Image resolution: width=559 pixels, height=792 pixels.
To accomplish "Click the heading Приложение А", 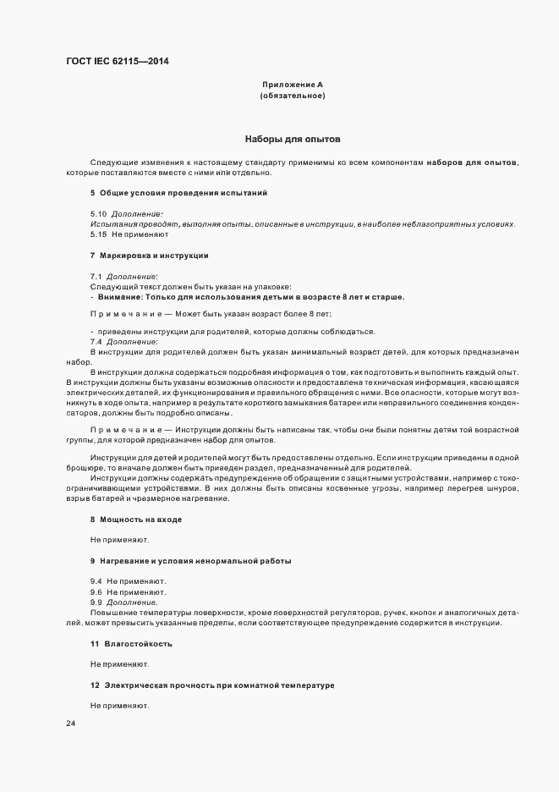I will point(293,85).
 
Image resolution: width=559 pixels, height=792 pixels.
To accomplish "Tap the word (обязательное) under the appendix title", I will point(293,96).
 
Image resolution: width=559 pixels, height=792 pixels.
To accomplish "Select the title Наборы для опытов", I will point(293,138).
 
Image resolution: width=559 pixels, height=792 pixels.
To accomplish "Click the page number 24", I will point(70,724).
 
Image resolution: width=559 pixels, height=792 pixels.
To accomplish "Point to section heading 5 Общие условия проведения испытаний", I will point(178,193).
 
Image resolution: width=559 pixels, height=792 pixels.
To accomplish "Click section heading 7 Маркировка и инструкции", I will point(149,255).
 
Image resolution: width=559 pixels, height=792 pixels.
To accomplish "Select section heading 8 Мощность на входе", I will point(135,518).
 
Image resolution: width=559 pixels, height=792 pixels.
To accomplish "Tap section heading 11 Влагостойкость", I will point(131,644).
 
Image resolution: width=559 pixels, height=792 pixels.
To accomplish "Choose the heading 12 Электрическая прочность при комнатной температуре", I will point(212,684).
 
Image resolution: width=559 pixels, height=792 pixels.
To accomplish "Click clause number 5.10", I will point(98,215).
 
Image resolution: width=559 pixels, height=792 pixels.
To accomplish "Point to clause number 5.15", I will point(98,234).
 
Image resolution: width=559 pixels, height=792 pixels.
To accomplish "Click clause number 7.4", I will point(96,341).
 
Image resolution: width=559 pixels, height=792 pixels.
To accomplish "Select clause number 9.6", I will point(96,592).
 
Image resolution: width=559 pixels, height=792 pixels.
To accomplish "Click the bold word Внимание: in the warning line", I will point(118,296).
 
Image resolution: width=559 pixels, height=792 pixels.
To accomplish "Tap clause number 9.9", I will point(96,602).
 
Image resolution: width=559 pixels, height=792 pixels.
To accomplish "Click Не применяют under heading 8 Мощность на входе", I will point(120,539).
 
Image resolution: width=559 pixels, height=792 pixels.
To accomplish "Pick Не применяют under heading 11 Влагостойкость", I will point(120,664).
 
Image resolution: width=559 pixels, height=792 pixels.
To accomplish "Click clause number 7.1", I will point(96,277).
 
